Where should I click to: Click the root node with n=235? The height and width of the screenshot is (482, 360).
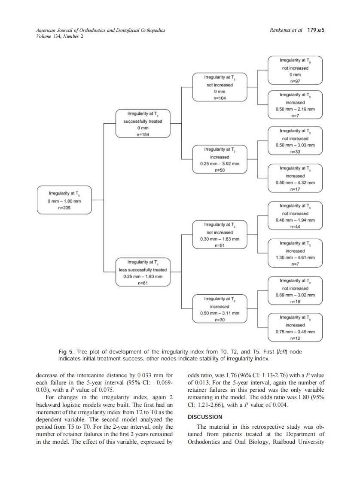click(x=64, y=200)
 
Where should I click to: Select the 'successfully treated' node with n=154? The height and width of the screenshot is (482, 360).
click(x=143, y=124)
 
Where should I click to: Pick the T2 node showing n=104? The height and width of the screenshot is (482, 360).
click(x=220, y=88)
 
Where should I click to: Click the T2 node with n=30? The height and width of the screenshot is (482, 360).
click(x=220, y=309)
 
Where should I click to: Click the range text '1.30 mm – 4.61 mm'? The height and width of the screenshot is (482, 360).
click(x=295, y=258)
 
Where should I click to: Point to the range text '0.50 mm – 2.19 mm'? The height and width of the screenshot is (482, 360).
click(x=295, y=109)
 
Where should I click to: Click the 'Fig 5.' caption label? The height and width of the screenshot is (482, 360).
click(x=65, y=352)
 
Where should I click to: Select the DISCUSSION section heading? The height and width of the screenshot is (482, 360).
click(x=205, y=417)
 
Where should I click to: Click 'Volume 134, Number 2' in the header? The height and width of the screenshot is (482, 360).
click(x=60, y=36)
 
